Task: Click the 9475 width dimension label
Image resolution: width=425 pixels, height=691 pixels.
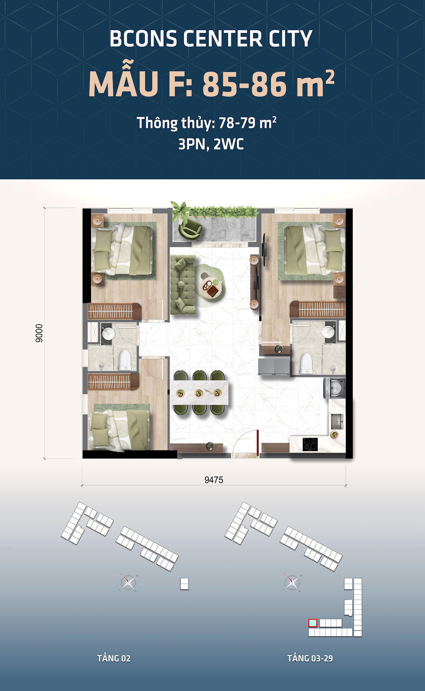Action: coord(214,480)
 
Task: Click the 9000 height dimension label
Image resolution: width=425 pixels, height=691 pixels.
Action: coord(39,333)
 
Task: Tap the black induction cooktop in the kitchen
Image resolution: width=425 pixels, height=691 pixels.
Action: coord(310,444)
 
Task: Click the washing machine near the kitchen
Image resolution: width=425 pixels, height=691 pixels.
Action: coord(335,388)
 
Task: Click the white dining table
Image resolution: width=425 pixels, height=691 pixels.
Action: coord(199,392)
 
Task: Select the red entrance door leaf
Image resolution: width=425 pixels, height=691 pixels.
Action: coord(258,443)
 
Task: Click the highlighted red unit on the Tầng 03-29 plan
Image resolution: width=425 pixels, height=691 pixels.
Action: coord(313,623)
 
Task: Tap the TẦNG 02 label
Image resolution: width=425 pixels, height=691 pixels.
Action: coord(114,658)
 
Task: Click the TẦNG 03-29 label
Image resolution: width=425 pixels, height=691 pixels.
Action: coord(310,658)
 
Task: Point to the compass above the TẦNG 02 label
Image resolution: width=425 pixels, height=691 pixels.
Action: coord(128,582)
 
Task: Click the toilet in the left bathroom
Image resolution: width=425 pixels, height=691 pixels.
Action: coord(125,360)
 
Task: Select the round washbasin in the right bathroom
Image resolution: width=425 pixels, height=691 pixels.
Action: coord(329,332)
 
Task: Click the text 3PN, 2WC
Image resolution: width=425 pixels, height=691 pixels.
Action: coord(211,144)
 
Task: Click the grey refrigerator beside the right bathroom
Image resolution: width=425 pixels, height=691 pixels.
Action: coord(274,366)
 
